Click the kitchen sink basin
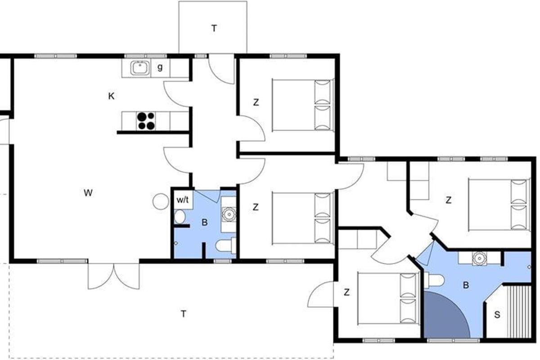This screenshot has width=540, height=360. coord(140,68)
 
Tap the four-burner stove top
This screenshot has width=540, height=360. coord(146,121)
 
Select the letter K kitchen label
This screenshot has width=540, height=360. coord(111,96)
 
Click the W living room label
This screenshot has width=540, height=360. coord(88,193)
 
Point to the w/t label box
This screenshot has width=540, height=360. coord(183,200)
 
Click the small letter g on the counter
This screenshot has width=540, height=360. coord(160,67)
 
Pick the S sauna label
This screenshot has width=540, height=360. coord(497,315)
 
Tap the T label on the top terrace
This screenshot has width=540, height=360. coord(214,28)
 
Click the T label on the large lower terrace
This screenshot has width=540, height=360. coord(184,314)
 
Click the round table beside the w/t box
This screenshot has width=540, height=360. coord(161,202)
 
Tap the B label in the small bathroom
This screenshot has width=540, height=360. coord(204,222)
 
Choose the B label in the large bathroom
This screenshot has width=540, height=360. coord(466,285)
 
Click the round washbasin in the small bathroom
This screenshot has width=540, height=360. coord(228,214)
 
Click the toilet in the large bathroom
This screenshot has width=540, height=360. coord(434,280)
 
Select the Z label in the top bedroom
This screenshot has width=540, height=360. coord(256,102)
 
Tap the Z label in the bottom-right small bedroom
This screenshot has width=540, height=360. coord(346,292)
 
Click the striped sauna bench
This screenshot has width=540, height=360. coord(519,312)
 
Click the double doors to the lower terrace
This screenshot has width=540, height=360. coord(113,276)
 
